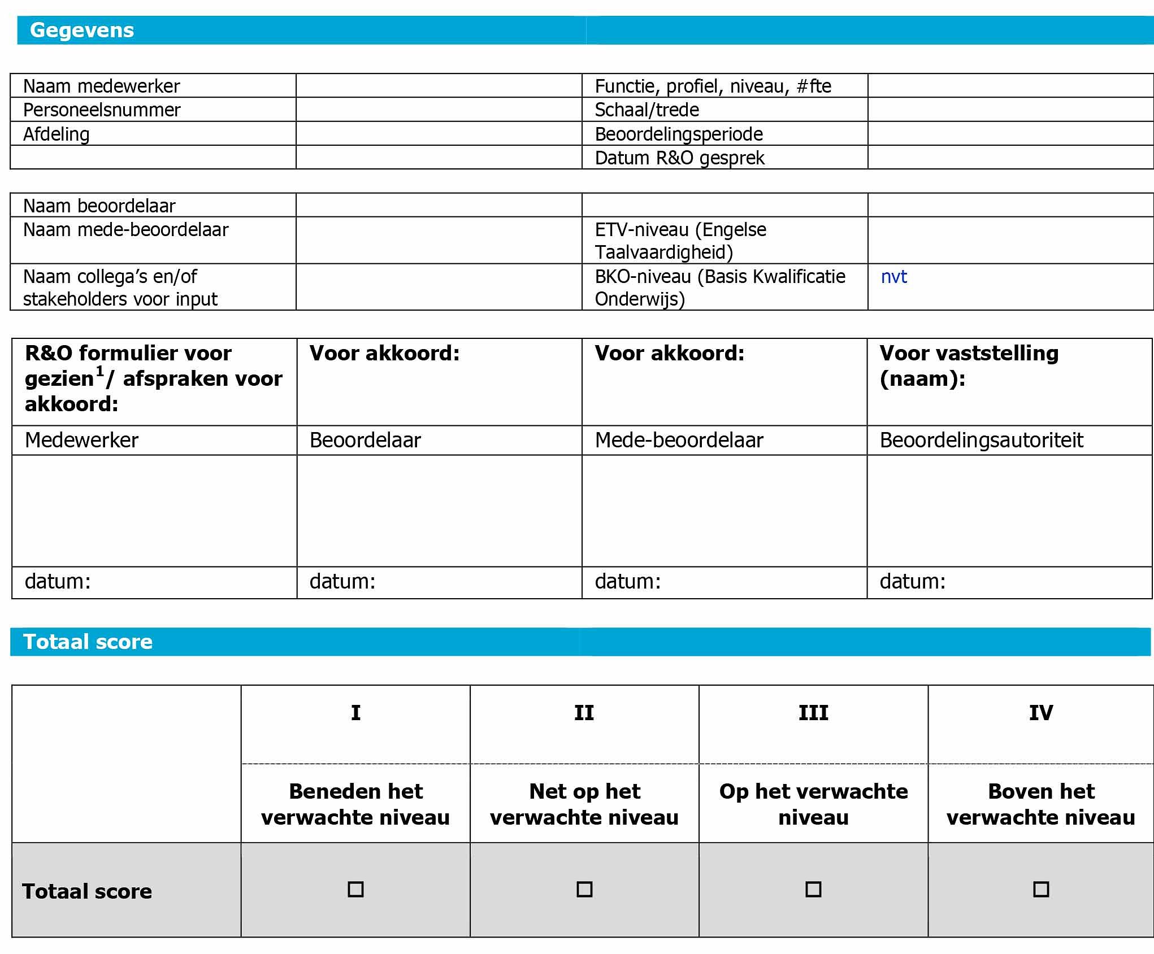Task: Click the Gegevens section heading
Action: point(82,30)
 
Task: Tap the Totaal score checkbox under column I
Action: point(355,889)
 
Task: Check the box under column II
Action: point(584,889)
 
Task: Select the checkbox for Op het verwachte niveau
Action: point(813,889)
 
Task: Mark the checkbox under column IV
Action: point(1041,889)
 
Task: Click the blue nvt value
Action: point(893,277)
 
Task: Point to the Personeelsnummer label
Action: point(102,110)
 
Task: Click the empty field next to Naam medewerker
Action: point(439,86)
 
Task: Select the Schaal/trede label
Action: point(647,110)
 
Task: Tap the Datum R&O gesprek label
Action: point(679,158)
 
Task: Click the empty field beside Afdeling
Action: point(439,134)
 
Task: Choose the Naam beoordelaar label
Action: point(99,206)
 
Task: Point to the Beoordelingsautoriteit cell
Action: point(981,440)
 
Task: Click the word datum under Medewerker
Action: point(58,581)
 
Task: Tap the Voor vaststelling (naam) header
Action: point(969,365)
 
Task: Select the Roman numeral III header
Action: point(813,713)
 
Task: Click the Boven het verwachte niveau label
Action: point(1041,804)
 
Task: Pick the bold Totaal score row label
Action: point(87,891)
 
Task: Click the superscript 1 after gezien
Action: point(100,371)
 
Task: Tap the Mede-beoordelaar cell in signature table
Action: point(679,440)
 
